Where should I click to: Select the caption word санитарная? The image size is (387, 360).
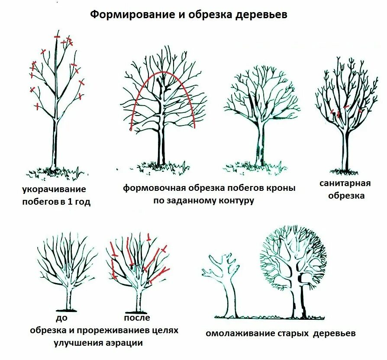345,183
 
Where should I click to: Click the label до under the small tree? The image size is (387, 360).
61,318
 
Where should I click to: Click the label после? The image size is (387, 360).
137,318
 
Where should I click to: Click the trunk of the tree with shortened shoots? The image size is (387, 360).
55,143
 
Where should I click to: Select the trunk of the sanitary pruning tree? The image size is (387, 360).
345,149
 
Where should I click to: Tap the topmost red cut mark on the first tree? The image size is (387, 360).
57,37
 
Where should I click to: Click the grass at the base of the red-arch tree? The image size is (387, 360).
161,167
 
